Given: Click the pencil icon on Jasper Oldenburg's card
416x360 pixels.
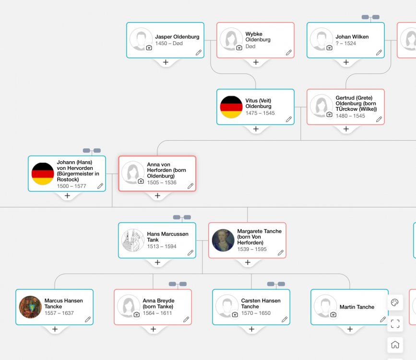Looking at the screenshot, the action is coord(199,53).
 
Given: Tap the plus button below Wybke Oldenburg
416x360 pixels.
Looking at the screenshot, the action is coord(256,62).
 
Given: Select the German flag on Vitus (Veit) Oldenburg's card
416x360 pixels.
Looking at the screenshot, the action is coord(231,107).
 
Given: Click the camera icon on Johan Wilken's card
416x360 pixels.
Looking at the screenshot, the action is coord(329,48).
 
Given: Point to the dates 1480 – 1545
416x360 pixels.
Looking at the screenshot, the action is coord(350,116).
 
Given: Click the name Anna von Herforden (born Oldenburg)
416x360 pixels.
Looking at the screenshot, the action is coord(166,170).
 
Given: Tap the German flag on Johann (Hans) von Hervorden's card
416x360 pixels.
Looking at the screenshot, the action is coord(43,174).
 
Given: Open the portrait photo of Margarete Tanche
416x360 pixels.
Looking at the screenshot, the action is coord(223,240).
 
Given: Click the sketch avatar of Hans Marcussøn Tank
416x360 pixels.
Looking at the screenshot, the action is coord(133,240).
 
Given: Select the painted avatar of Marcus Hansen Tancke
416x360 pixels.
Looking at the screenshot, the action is coord(30,307).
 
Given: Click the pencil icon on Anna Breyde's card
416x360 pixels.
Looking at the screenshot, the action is coord(186,319).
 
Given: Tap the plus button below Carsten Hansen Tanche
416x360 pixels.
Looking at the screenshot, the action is coord(251,329).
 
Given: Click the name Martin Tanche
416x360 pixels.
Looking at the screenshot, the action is coord(357,307).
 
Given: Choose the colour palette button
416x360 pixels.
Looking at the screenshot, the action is coord(395,302).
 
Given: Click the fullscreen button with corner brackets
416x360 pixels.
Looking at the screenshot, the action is coord(395,324).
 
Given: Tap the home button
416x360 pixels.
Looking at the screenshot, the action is coord(395,345).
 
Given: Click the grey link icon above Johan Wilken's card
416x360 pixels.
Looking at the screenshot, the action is coord(370,17).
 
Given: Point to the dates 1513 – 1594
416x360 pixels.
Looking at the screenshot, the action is coord(162,247).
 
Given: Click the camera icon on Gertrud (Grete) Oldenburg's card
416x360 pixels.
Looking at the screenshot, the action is coord(329,114).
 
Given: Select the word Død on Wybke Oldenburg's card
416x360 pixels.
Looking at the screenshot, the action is coord(250,47).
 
